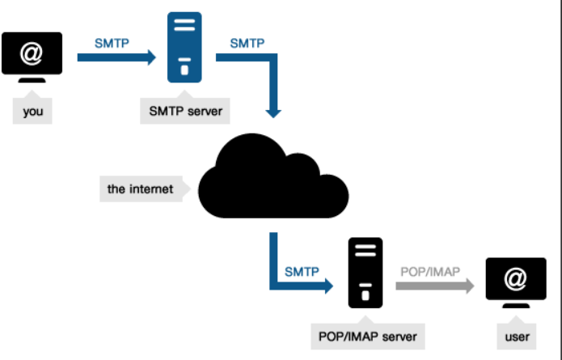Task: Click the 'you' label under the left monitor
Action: click(x=33, y=112)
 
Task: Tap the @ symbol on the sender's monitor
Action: click(x=32, y=53)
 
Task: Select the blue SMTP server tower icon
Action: click(x=184, y=46)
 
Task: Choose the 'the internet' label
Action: click(x=140, y=189)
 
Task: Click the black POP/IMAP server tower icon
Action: click(x=366, y=273)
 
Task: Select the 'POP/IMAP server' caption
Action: click(x=368, y=335)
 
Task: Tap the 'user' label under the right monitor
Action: click(x=516, y=336)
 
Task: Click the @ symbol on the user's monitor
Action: click(x=515, y=279)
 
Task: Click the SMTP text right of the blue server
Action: click(x=247, y=41)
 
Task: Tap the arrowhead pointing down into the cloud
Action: click(x=275, y=111)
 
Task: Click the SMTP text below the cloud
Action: click(x=301, y=271)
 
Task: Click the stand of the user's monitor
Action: click(x=515, y=305)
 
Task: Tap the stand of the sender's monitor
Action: click(x=32, y=79)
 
